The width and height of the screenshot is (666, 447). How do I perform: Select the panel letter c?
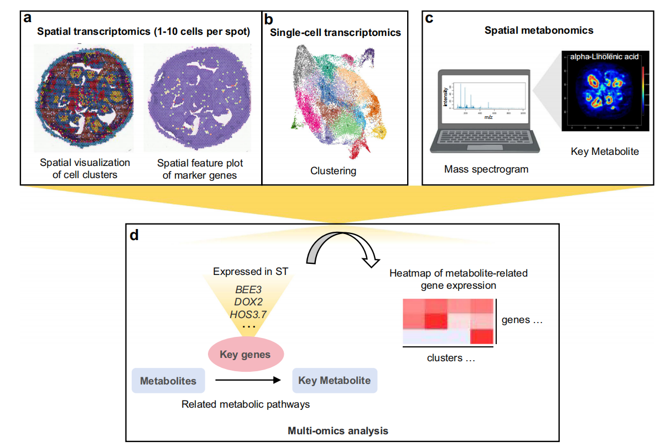(x=429, y=19)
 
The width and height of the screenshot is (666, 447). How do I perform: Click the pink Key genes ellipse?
(x=245, y=354)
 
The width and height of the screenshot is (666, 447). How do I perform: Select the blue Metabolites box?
(x=168, y=381)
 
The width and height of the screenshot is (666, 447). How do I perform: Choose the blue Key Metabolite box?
(x=335, y=381)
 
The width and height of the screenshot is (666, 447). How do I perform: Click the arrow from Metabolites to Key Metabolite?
(x=246, y=381)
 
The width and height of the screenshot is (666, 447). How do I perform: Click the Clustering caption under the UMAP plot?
(x=333, y=170)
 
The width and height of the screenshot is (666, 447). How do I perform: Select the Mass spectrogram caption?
(x=486, y=169)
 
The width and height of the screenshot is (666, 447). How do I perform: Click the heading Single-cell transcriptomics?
(x=335, y=33)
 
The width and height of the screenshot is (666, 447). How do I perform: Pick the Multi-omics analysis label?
(x=338, y=430)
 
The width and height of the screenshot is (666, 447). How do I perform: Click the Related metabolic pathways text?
(x=246, y=404)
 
